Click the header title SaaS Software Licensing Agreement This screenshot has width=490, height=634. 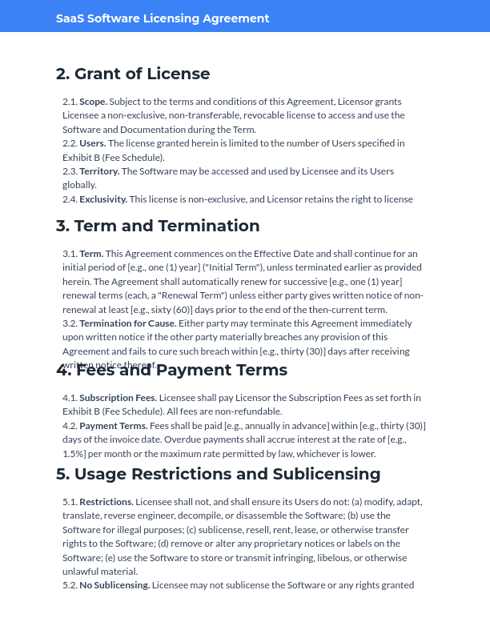tap(163, 18)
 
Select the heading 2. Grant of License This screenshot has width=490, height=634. tap(133, 74)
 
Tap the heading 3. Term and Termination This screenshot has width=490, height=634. tap(158, 226)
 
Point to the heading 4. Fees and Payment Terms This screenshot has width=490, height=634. tap(171, 370)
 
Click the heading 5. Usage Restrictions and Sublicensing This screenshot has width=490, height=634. tap(218, 474)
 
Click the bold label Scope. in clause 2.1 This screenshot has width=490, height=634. tap(93, 102)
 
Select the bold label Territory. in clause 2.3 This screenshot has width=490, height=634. tap(99, 171)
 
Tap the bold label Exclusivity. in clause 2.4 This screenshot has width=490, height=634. tap(103, 199)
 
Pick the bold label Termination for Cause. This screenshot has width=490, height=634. tap(128, 323)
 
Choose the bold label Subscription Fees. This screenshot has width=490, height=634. tap(118, 398)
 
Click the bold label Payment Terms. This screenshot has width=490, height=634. tap(113, 426)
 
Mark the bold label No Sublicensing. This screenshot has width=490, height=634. tap(114, 585)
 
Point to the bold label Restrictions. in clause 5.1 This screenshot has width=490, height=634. tap(106, 502)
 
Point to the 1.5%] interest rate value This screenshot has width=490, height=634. tap(74, 454)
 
